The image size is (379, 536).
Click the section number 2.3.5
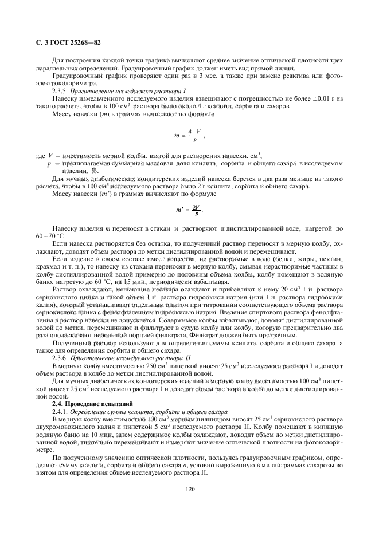tap(60, 92)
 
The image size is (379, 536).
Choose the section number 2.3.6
tap(60, 357)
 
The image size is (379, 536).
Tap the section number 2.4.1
tap(60, 412)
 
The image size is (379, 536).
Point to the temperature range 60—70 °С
tap(52, 235)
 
